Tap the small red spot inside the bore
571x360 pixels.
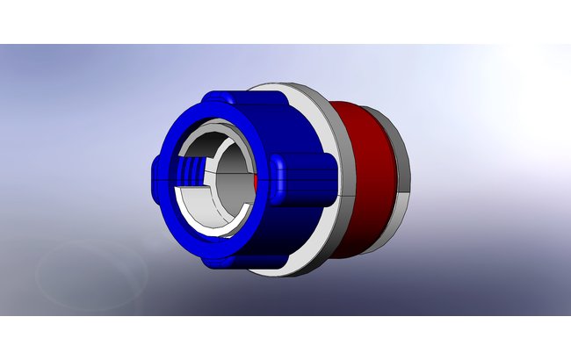click(255, 177)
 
